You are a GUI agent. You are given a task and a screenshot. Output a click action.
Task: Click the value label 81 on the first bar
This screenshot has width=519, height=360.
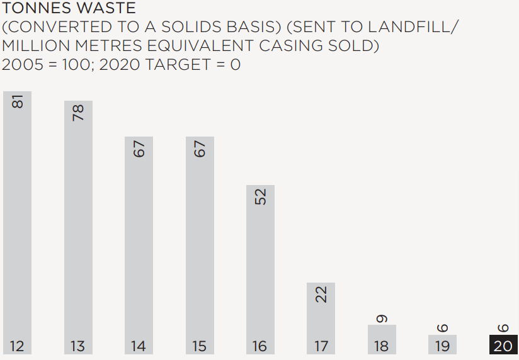[18, 101]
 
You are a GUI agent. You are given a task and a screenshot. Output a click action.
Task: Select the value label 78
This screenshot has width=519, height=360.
[78, 112]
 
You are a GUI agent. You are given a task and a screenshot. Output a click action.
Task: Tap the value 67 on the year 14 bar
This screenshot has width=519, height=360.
[139, 149]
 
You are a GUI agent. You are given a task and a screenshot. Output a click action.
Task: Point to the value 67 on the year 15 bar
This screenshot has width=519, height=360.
[200, 149]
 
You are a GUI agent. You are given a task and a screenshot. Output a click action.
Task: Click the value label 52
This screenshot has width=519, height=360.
[261, 196]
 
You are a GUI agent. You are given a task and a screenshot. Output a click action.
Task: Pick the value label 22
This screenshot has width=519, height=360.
[321, 294]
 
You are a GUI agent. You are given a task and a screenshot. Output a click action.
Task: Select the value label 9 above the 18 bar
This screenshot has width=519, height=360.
[382, 318]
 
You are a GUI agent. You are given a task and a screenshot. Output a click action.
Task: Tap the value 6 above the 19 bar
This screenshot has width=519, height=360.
[442, 328]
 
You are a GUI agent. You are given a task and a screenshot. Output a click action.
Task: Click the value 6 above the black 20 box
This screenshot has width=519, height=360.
[503, 328]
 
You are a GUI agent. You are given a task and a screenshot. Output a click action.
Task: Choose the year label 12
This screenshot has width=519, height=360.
[17, 346]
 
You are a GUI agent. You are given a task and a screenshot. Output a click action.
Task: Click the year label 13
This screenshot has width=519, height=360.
[78, 346]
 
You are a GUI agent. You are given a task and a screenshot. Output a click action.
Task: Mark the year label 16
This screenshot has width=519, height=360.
[260, 346]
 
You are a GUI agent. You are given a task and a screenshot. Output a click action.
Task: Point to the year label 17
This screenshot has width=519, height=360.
[321, 346]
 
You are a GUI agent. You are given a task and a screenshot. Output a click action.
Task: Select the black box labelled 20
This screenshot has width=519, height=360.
[503, 344]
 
